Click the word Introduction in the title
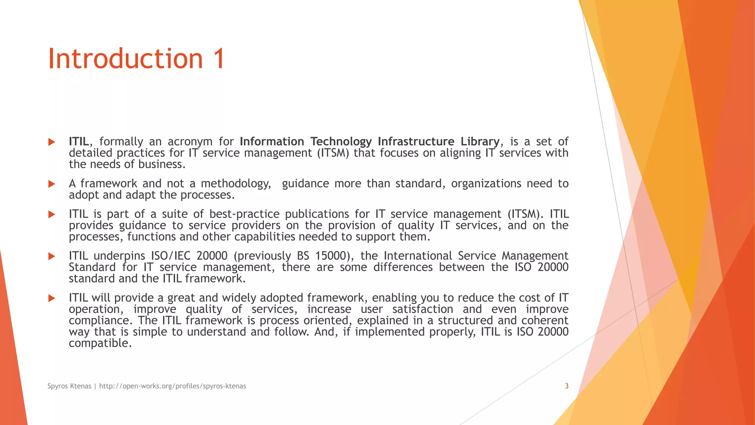pyautogui.click(x=125, y=59)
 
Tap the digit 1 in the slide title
pyautogui.click(x=218, y=59)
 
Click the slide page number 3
pyautogui.click(x=567, y=386)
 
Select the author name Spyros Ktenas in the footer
pyautogui.click(x=69, y=386)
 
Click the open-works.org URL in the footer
pyautogui.click(x=173, y=386)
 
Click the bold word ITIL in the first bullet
pyautogui.click(x=79, y=141)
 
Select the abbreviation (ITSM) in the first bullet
pyautogui.click(x=333, y=153)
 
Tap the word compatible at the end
pyautogui.click(x=100, y=343)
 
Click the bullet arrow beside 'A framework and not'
pyautogui.click(x=52, y=184)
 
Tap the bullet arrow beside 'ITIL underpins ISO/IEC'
pyautogui.click(x=52, y=256)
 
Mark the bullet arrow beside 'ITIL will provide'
pyautogui.click(x=52, y=298)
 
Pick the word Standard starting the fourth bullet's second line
pyautogui.click(x=92, y=267)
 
